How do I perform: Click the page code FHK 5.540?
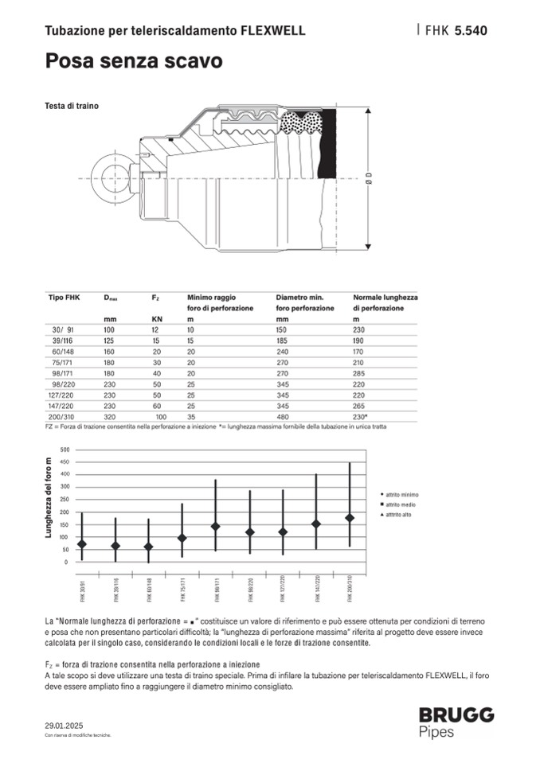pos(456,31)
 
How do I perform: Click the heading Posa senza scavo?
pos(133,60)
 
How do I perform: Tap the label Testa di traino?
pos(72,106)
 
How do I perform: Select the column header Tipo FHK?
pos(65,297)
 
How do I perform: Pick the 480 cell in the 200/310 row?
pos(282,416)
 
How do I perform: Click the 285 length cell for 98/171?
pos(359,372)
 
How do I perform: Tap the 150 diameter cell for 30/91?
pos(282,329)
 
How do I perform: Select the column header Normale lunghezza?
pos(385,297)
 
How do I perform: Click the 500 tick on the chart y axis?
pos(65,450)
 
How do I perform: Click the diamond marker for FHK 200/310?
pos(350,518)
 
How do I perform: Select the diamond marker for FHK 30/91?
pos(81,544)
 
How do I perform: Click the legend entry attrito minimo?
pos(401,493)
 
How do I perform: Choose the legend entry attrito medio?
pos(401,504)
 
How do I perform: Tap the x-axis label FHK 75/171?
pos(182,588)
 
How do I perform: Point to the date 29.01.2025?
pos(64,725)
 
